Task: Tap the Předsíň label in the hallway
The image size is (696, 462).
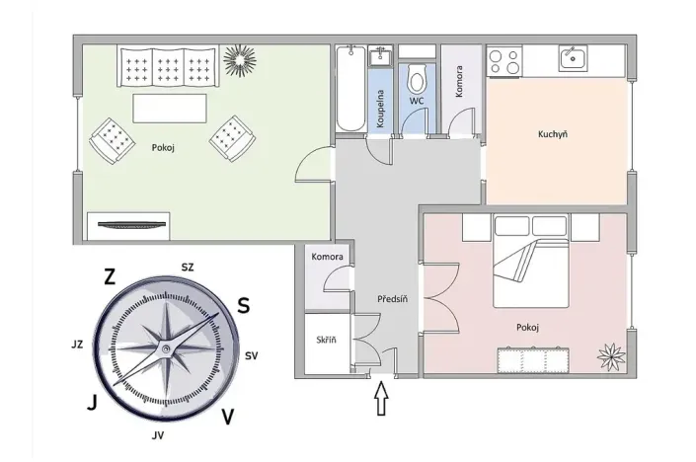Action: [x=392, y=299]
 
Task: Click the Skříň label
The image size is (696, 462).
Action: [x=326, y=340]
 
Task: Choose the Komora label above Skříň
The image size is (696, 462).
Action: [x=327, y=257]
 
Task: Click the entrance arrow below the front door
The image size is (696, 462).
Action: [x=383, y=401]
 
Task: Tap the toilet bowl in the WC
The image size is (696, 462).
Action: [x=417, y=79]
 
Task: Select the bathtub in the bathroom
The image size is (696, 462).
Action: [x=349, y=89]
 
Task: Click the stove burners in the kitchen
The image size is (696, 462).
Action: [x=504, y=62]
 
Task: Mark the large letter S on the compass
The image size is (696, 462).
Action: [x=243, y=305]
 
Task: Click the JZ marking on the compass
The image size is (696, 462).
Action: [x=76, y=346]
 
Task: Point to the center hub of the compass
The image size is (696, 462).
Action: [x=165, y=349]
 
